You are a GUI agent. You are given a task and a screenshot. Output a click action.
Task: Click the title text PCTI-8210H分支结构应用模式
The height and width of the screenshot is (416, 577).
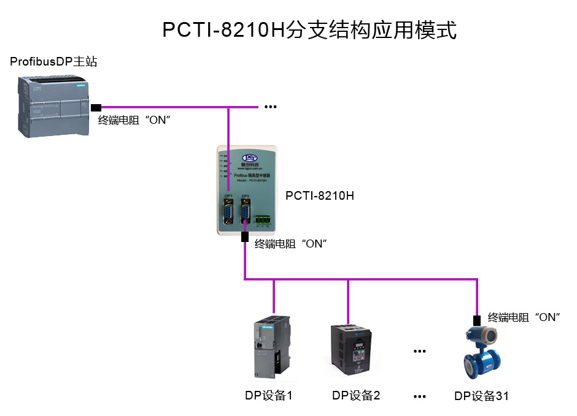[x=309, y=30]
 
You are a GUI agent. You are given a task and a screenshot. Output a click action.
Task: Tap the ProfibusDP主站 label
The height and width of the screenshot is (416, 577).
[x=53, y=62]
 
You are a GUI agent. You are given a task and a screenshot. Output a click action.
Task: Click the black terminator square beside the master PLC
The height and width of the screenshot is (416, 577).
[x=96, y=108]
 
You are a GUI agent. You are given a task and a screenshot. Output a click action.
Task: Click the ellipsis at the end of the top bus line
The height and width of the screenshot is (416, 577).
[x=270, y=107]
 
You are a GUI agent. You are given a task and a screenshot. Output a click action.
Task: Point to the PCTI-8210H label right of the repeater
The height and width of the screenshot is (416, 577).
[x=319, y=196]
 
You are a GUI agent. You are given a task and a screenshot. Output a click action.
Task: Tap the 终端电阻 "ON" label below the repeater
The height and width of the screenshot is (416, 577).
[x=290, y=244]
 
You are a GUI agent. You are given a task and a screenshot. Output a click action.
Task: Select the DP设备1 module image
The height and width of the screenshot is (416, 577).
[x=270, y=347]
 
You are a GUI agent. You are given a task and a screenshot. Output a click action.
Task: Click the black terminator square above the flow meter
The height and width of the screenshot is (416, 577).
[x=476, y=319]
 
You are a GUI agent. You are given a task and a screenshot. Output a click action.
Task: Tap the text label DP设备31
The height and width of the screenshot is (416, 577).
[x=481, y=396]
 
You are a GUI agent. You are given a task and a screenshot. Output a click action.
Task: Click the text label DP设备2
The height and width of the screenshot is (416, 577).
[x=356, y=396]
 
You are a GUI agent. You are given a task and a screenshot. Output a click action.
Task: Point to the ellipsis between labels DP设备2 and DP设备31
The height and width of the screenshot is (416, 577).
[x=419, y=396]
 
